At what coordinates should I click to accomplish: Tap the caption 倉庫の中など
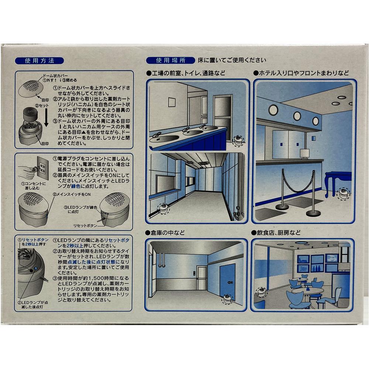click(x=165, y=233)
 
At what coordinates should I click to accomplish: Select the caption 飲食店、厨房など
click(x=276, y=233)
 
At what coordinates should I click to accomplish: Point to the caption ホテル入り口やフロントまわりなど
click(x=301, y=73)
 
